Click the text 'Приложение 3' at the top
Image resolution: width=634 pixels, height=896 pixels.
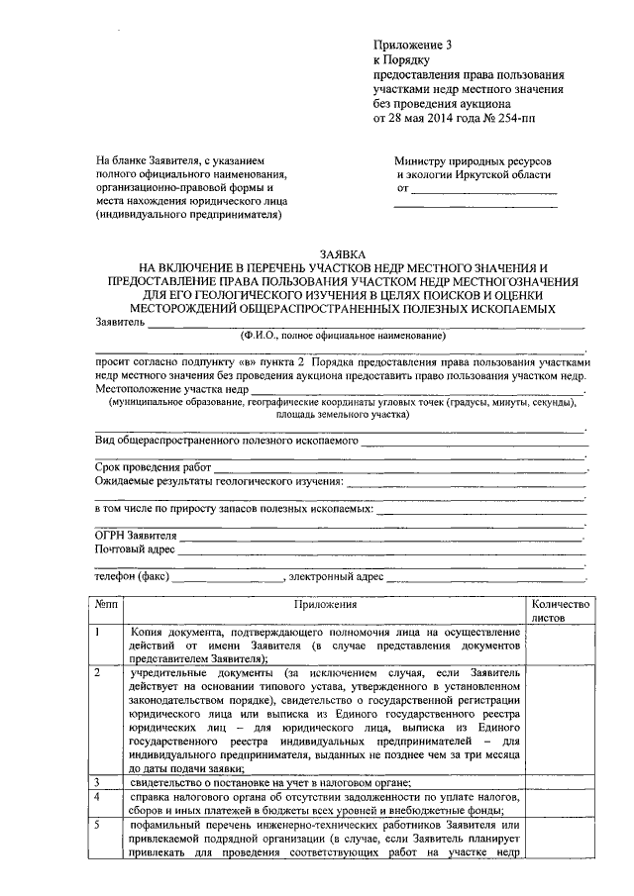point(410,45)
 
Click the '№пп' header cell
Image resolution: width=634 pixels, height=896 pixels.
point(107,603)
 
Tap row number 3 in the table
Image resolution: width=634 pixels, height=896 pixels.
point(99,780)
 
